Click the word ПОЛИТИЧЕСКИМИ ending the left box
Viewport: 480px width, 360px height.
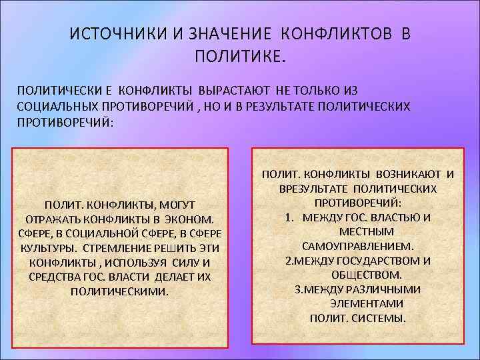(120, 291)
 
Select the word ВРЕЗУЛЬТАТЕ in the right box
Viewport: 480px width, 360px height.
(312, 189)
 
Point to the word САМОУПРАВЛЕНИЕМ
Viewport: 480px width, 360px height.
(357, 246)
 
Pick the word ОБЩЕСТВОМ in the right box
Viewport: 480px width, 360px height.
(366, 275)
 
